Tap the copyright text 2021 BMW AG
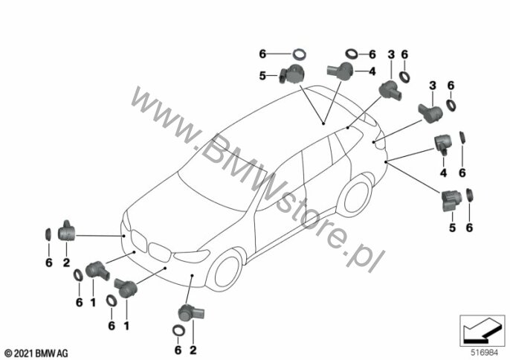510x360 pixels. pos(36,351)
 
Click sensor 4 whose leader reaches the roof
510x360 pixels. pos(340,71)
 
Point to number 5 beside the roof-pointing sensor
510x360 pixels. pos(262,74)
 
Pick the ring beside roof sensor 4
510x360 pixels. pos(352,54)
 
